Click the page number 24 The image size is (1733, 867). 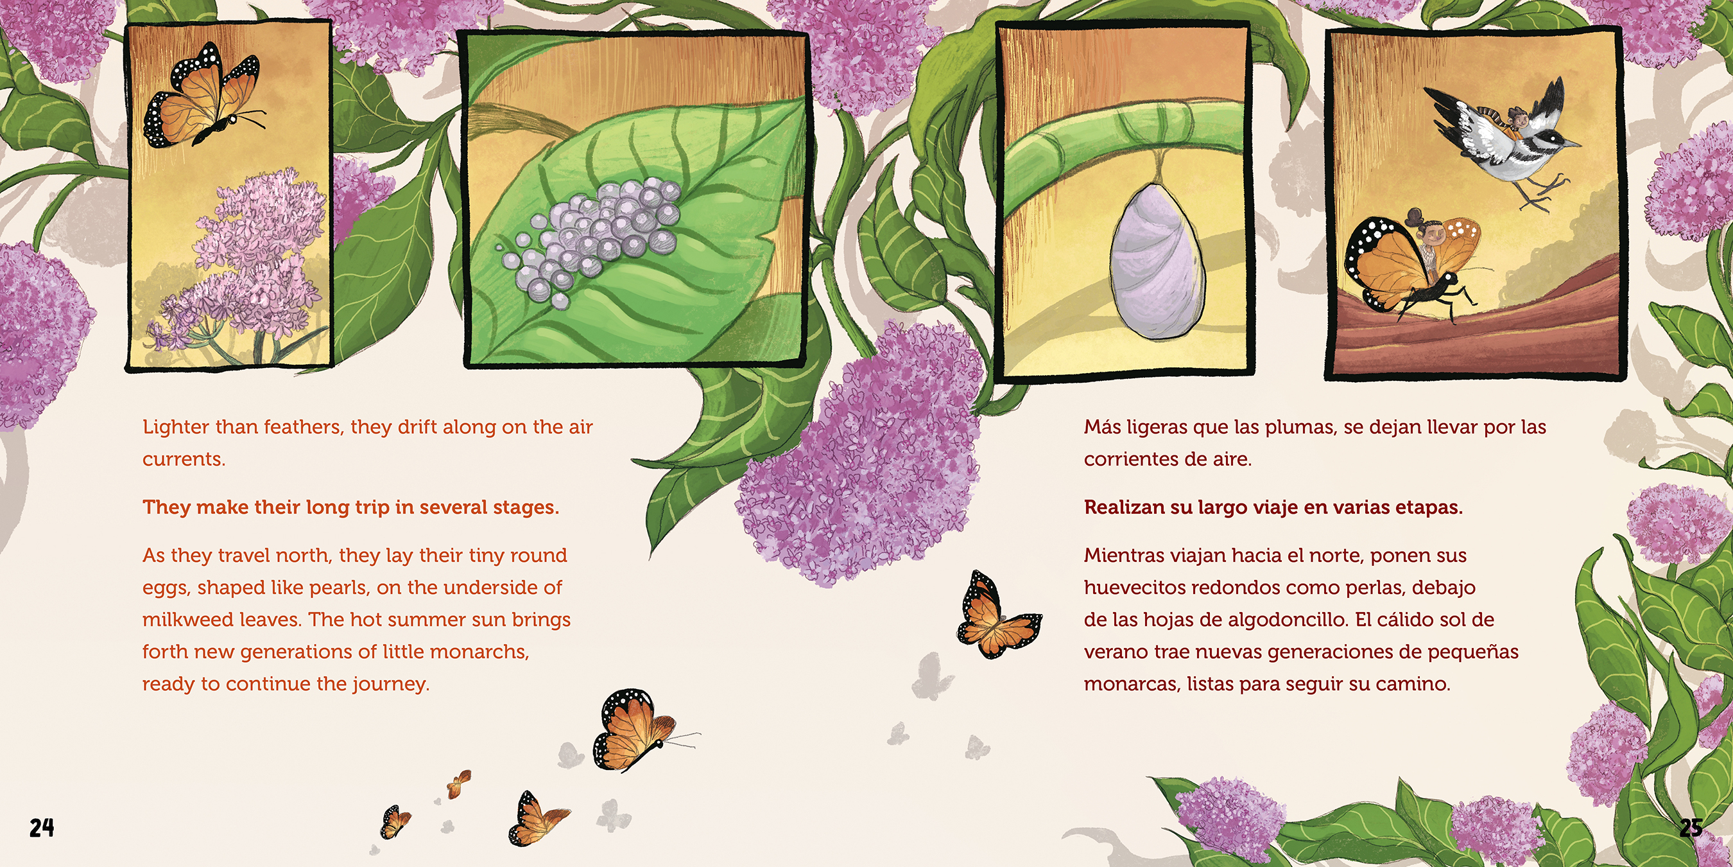[42, 827]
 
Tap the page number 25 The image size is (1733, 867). [1691, 827]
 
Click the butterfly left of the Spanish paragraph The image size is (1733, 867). [998, 615]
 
